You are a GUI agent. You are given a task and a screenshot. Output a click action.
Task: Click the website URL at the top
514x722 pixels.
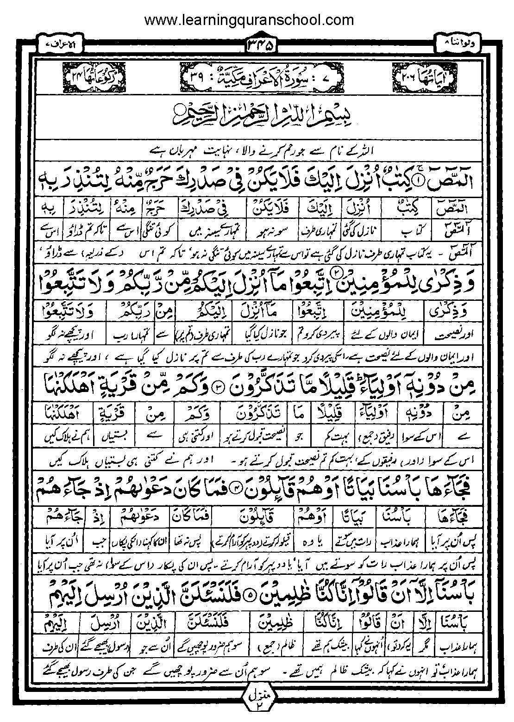249,20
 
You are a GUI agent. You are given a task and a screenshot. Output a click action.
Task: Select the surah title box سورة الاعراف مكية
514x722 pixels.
257,74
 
